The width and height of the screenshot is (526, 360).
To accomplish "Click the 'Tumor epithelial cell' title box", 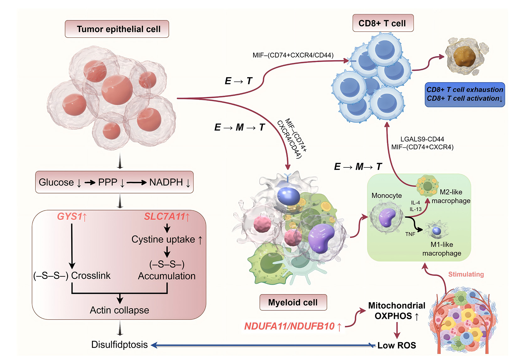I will point(117,29).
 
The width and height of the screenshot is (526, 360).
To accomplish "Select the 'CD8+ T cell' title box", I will point(383,23).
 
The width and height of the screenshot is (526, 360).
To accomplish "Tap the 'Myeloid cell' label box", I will point(293,302).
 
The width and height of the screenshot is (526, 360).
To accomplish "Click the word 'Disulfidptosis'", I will point(119,345).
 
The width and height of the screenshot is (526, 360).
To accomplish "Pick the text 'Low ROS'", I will point(396,345).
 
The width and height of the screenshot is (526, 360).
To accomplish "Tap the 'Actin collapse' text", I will point(120,310).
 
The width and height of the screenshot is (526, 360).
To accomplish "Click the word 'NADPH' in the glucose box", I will point(166,182).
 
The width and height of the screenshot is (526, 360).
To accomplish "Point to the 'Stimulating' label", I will point(466,274).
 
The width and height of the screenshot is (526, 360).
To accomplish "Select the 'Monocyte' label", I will point(386,195).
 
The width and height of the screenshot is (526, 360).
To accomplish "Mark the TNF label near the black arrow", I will point(410,234).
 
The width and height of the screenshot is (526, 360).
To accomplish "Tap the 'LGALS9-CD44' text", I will point(422,139).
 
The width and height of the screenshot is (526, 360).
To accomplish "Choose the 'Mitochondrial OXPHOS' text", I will point(396,310).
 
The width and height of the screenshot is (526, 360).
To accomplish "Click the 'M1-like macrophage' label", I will point(442,249).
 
